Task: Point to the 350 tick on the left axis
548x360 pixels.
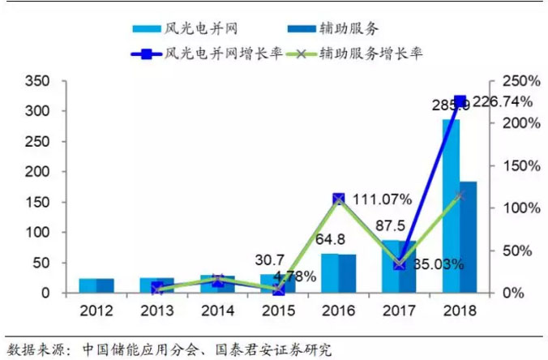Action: coord(37,81)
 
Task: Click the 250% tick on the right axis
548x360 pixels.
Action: coord(514,81)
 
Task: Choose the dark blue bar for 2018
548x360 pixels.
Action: coord(469,237)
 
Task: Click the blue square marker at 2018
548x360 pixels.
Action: coord(460,101)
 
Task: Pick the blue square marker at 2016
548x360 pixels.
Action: coord(339,199)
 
